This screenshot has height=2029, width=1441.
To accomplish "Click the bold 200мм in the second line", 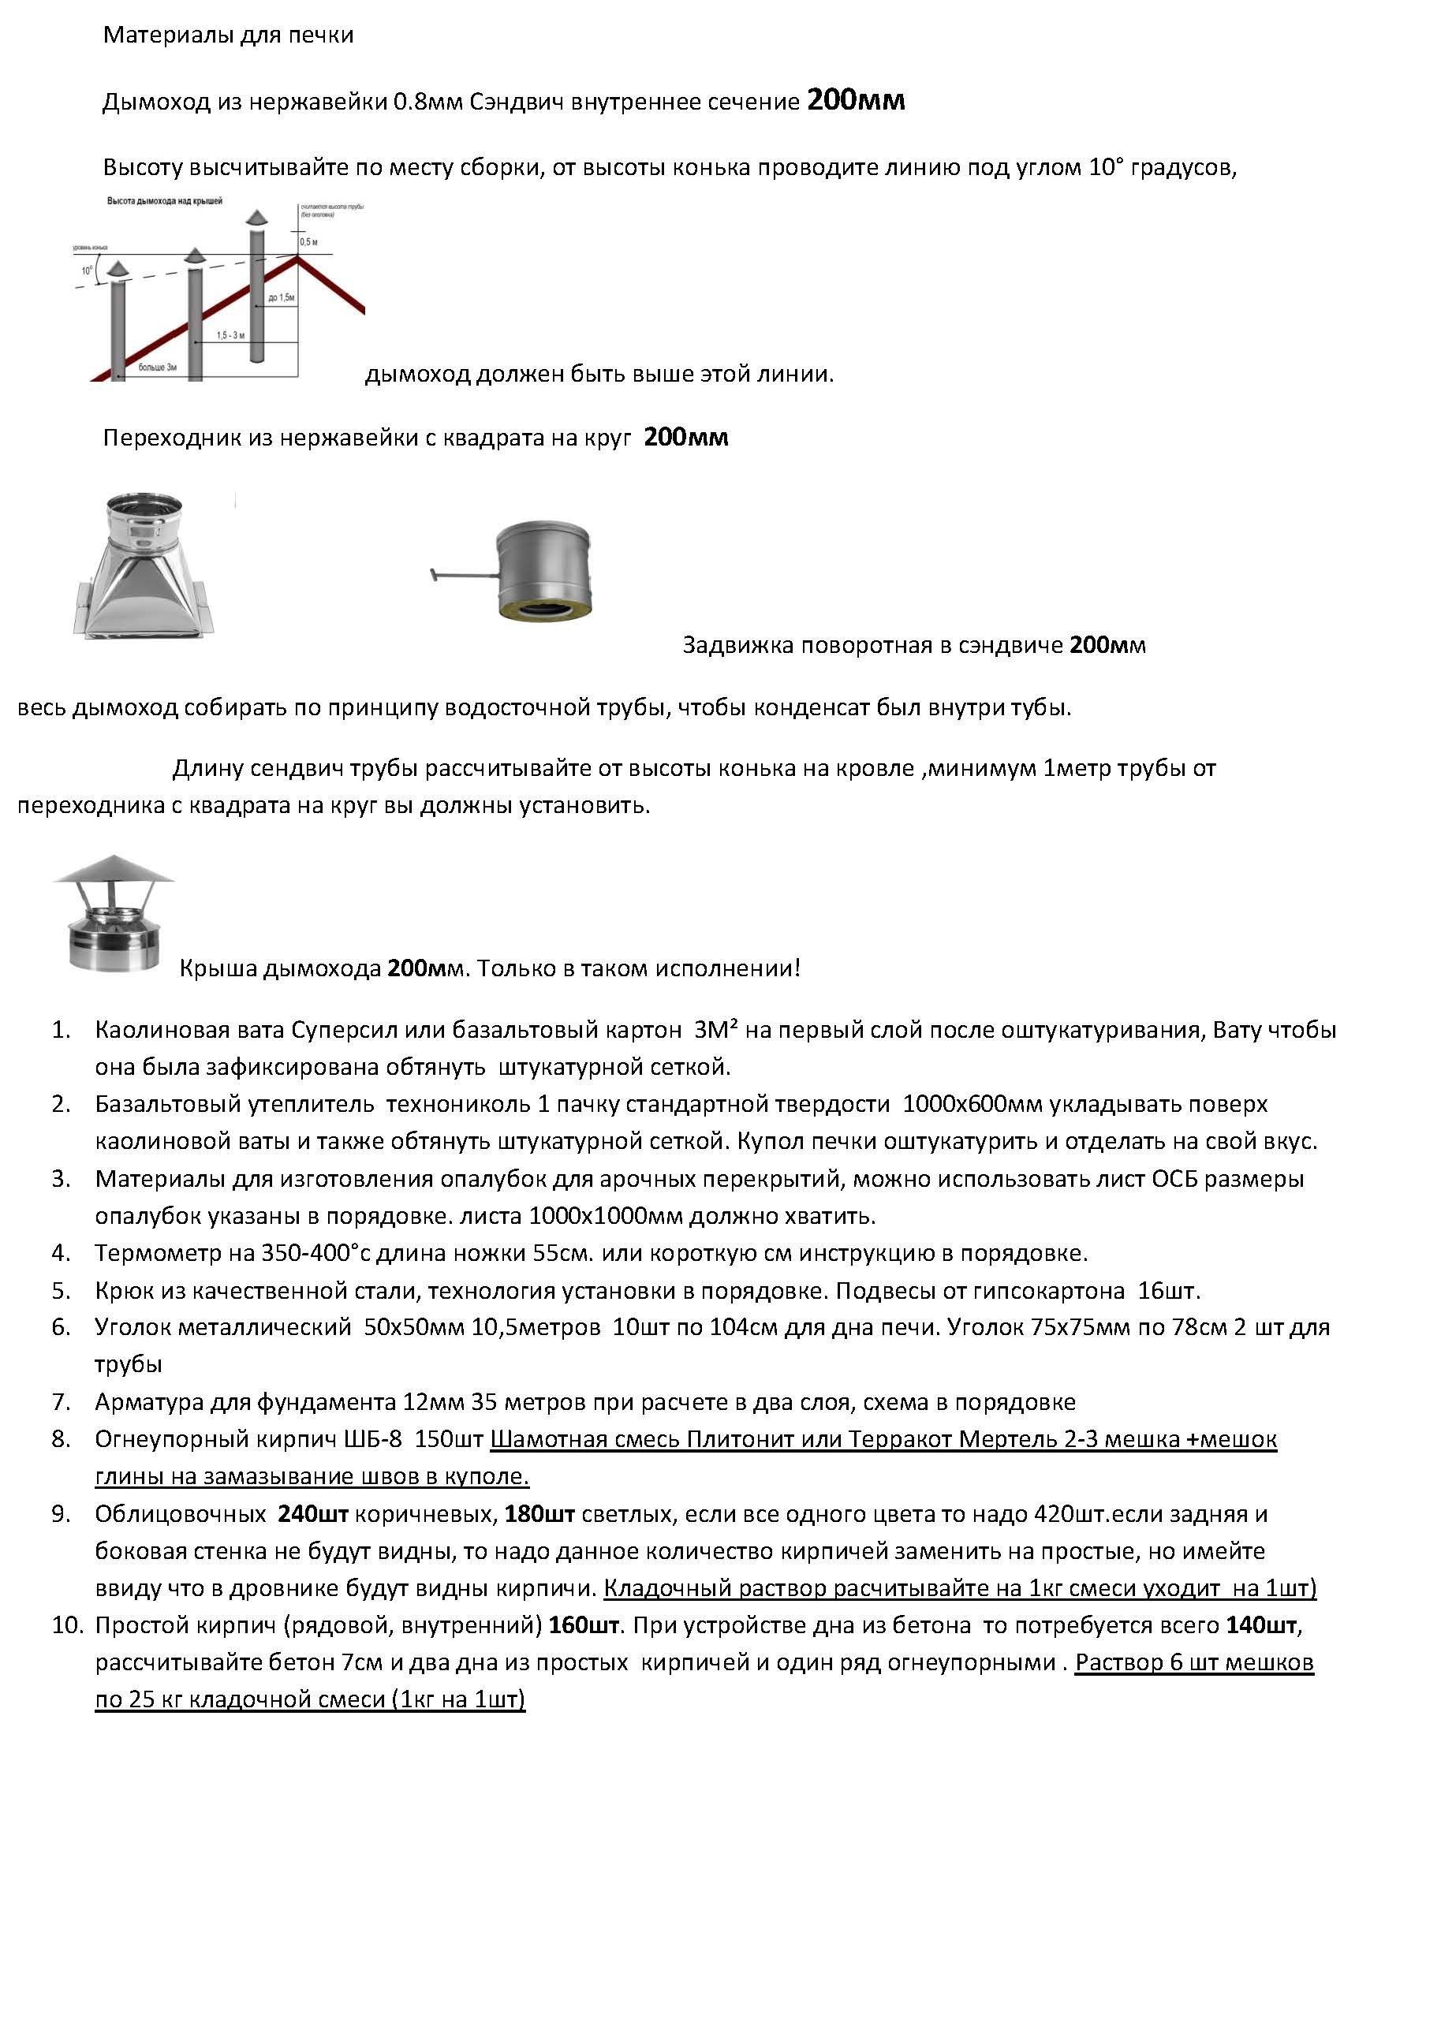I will (855, 100).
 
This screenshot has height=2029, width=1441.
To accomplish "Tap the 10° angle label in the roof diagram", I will (87, 270).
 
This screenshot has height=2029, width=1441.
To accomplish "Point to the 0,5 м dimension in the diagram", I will (309, 242).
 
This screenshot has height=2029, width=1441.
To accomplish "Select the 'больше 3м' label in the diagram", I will (157, 367).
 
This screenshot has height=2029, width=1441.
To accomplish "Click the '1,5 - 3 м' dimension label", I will (230, 336).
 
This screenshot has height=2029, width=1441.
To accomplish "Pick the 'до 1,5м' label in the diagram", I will (282, 298).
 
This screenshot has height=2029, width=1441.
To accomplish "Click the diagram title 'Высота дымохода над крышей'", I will (164, 201).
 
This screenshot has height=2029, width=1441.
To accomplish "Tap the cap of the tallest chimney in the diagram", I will (256, 218).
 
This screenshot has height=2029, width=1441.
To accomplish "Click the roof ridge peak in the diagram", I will (297, 255).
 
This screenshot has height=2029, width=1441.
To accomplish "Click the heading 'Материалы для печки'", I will (228, 35).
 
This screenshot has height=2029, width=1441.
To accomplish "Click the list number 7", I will (60, 1402).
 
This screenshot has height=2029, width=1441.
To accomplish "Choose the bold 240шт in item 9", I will (313, 1513).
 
